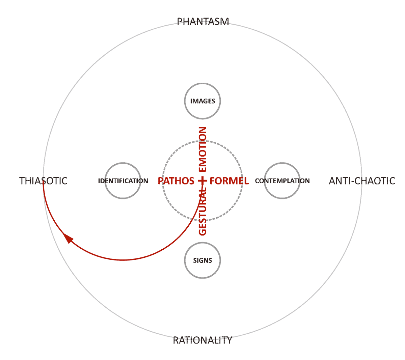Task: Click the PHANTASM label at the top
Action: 203,22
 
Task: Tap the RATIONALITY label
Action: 202,340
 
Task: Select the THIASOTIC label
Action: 43,181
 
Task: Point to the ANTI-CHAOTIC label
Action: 362,181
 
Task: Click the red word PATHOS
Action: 176,181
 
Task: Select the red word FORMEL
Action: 229,181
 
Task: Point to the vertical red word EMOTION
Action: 202,149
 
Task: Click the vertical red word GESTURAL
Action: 202,213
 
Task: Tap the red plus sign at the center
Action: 202,181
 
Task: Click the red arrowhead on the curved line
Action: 68,238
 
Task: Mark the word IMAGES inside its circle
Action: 202,101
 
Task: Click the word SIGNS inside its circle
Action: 202,260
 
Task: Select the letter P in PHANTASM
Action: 180,22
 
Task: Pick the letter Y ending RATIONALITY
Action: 229,340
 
